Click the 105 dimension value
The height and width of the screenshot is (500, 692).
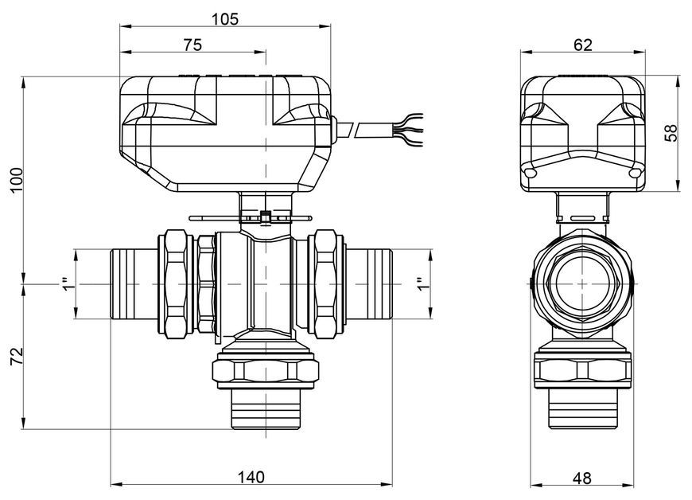[225, 19]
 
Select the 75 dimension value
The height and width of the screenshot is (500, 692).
[192, 45]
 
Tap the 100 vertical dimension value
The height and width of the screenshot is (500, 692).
[17, 179]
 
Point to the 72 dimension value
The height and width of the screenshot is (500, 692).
[17, 356]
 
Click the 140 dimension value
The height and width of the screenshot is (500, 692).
[251, 477]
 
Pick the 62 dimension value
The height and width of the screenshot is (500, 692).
[582, 45]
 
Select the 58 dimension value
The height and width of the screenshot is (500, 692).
[671, 133]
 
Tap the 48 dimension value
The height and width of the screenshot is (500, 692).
[582, 478]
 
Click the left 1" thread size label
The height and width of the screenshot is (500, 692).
[67, 284]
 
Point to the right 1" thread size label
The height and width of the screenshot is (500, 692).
[422, 284]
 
